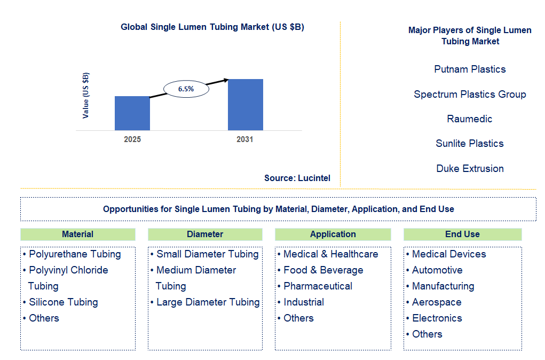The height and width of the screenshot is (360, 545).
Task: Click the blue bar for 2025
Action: coord(132,113)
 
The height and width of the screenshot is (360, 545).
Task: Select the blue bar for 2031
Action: coord(245,105)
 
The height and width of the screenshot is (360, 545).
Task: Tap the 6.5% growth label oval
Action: coord(186,89)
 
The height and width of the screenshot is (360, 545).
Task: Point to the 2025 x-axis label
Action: coord(132,139)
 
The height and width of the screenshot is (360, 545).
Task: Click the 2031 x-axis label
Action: coord(245,139)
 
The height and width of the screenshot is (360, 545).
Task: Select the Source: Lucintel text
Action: coord(297,178)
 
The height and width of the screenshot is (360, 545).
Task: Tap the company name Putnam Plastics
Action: coord(470,69)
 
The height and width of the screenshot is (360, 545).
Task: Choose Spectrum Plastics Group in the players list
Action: coord(470,95)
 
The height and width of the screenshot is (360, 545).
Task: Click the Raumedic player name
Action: coord(470,119)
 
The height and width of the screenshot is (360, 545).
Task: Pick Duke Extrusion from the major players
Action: coord(470,169)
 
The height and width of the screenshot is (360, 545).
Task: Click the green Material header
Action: coord(77,234)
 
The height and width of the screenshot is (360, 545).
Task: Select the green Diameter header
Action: coord(205,234)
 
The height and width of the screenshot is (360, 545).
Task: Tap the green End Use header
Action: coord(462,234)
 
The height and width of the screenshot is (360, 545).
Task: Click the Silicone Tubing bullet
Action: coord(63,302)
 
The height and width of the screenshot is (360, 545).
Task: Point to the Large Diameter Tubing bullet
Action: coord(208,302)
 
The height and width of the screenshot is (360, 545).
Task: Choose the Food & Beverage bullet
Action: coord(323,270)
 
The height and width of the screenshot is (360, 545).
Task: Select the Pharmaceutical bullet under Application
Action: coord(318,286)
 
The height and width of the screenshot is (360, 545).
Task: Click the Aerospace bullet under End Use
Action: coord(436,302)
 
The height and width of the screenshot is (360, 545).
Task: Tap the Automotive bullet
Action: coord(437,270)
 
